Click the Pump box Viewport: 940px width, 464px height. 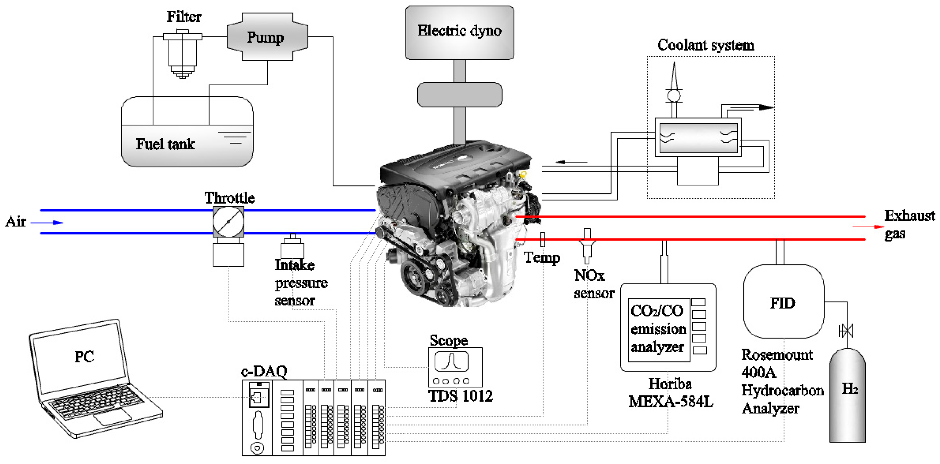[267, 37]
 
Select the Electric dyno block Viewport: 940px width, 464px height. [459, 32]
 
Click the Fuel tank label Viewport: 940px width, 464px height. [165, 144]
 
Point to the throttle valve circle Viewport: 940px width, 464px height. [228, 221]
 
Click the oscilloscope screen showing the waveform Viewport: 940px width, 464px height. [451, 361]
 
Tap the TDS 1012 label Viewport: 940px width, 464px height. [460, 396]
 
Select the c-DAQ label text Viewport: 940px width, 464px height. [264, 371]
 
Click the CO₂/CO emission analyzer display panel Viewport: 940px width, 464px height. [658, 330]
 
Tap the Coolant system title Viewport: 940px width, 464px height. [706, 45]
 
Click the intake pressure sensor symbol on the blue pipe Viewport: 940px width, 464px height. [292, 247]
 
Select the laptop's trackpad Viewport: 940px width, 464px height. [113, 417]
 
